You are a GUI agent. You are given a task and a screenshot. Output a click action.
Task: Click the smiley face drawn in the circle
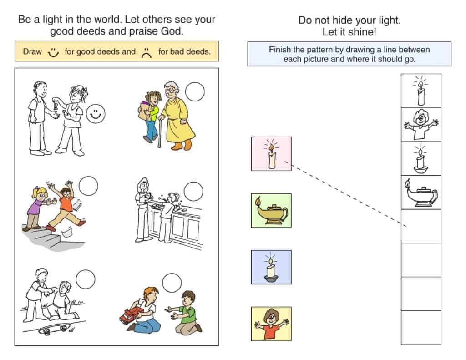coord(96,114)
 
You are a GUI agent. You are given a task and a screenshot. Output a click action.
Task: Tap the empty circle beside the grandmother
coord(195,91)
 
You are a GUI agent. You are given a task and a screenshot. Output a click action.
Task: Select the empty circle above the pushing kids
coord(88,186)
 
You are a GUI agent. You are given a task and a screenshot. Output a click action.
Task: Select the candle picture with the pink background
coord(271,154)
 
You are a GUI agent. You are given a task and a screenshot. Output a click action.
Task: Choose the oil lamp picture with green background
coord(271,210)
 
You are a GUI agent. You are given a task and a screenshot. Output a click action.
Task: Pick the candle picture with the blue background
coord(271,267)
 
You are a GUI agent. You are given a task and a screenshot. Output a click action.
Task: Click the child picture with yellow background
coord(271,324)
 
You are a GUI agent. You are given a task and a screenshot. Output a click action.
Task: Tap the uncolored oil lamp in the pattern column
coord(421,193)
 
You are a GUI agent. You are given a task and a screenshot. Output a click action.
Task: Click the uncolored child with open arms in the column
coord(421,125)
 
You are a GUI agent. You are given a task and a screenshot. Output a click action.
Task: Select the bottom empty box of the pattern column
coord(421,328)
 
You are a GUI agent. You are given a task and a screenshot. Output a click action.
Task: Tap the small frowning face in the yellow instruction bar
coord(147,53)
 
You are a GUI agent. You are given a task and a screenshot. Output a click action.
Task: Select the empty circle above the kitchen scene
coord(193,192)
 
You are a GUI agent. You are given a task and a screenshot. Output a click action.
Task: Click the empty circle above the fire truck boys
coord(172,283)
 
